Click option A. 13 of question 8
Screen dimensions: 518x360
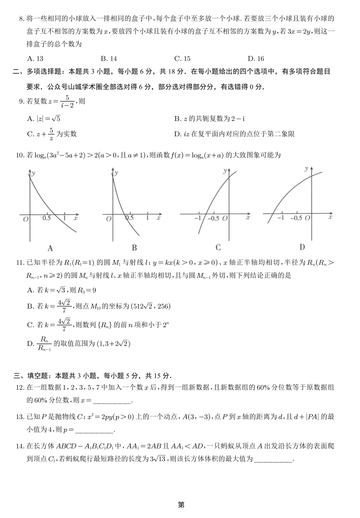[x=36, y=59]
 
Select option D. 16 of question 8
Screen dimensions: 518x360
[x=256, y=59]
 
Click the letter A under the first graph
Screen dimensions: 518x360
[x=50, y=249]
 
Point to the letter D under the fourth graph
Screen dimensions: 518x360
[x=302, y=247]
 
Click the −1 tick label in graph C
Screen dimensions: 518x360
[x=198, y=218]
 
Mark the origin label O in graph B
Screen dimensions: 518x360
[x=109, y=219]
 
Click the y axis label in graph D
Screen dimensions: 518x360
[x=306, y=168]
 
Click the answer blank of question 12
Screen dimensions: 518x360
[x=112, y=400]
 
